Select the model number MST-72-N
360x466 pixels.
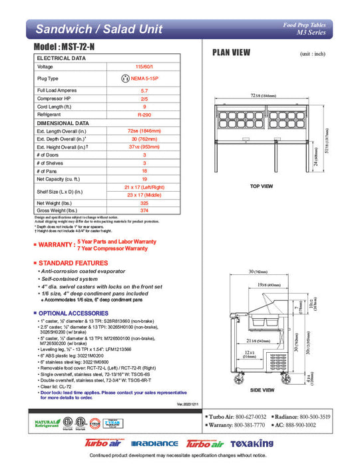[x=65, y=49]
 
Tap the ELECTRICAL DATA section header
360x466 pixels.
[x=62, y=58]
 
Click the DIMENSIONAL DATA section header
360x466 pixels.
[x=63, y=122]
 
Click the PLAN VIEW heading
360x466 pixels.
[x=231, y=53]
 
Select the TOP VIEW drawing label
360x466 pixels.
[x=261, y=186]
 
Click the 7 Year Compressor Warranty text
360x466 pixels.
[x=112, y=248]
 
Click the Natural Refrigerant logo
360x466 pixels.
[x=47, y=424]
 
